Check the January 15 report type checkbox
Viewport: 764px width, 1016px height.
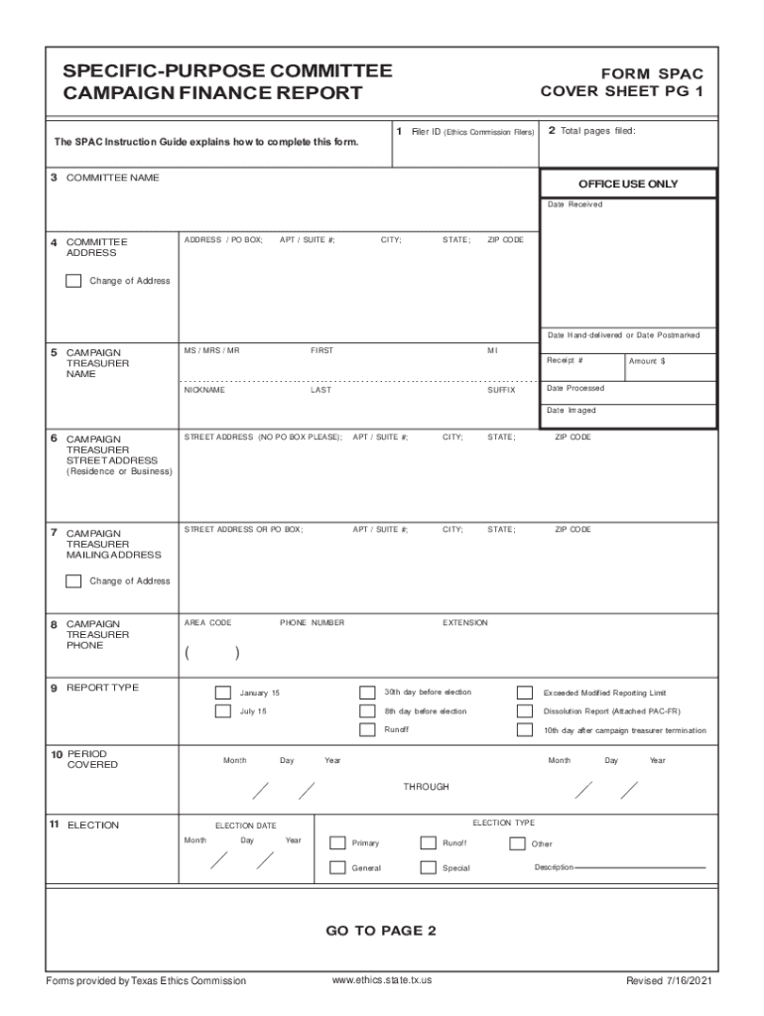pos(223,693)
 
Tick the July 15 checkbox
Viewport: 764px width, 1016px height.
pos(223,711)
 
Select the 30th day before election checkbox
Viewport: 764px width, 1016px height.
pos(367,693)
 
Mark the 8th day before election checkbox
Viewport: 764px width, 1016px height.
pos(367,711)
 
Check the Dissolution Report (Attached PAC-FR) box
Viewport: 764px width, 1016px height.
pos(525,711)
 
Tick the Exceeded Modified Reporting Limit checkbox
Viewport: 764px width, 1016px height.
pos(525,693)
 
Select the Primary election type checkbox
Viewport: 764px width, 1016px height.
pos(336,843)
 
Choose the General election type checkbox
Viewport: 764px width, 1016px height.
pos(336,868)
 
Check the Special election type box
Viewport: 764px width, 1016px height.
pos(428,868)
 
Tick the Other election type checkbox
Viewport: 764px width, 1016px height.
pos(517,843)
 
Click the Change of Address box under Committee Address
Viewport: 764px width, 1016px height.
pos(73,281)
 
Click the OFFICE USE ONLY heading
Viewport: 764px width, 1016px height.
pos(628,185)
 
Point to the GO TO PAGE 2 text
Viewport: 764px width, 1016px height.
pos(381,931)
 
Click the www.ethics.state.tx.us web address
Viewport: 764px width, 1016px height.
pos(382,980)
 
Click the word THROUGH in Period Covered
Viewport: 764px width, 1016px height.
pos(426,787)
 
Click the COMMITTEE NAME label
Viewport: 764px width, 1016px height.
pos(112,178)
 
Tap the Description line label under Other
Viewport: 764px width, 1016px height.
pos(554,868)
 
